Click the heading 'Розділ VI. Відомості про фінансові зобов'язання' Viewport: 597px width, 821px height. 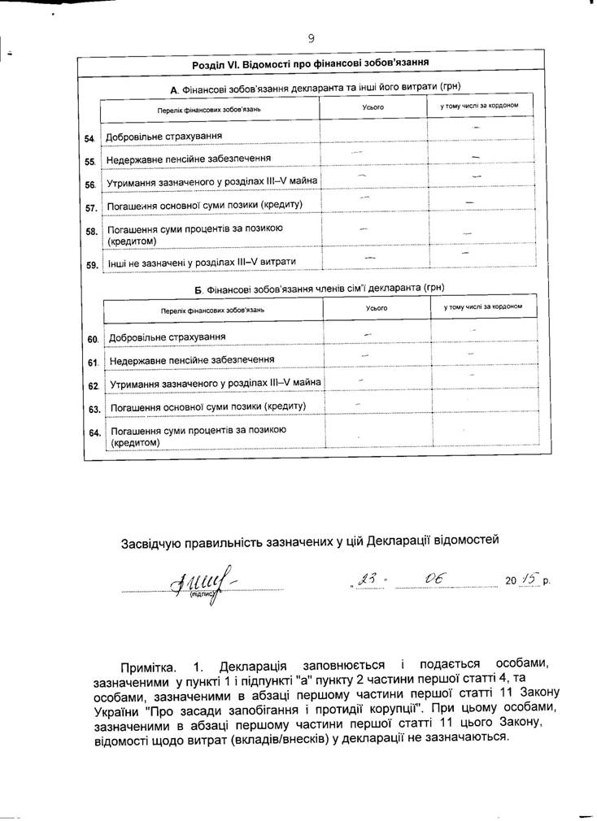point(311,63)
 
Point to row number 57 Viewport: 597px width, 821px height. point(91,207)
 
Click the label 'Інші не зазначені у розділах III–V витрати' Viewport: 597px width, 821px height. point(201,262)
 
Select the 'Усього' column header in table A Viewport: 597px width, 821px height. point(373,107)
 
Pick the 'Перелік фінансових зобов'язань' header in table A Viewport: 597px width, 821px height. point(211,108)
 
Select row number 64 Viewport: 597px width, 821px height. point(94,432)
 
